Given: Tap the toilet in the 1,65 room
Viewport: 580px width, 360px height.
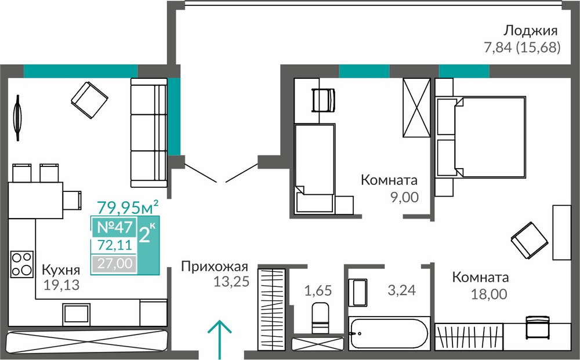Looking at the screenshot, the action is (x=320, y=318).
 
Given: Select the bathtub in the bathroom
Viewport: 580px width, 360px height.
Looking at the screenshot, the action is (x=389, y=333).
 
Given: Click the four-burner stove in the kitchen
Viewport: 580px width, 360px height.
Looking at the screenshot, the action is (x=22, y=264).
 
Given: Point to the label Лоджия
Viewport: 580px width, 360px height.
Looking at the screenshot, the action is (x=531, y=31).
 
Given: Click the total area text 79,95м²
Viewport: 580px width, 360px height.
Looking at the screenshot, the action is (x=128, y=208).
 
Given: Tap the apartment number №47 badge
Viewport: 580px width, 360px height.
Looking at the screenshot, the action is (x=114, y=227).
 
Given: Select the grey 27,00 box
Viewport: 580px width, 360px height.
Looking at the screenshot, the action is (x=115, y=264).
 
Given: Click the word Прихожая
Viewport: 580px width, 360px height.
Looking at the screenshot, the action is (x=215, y=267).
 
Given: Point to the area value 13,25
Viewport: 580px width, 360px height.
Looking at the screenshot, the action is (x=231, y=282).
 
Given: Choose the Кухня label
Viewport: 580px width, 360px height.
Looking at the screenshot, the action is (x=61, y=270).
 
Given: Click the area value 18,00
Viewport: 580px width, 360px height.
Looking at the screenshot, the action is (x=488, y=294).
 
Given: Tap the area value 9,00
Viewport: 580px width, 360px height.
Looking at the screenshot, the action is (x=405, y=197).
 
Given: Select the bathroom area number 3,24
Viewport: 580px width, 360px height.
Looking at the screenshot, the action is (x=402, y=290).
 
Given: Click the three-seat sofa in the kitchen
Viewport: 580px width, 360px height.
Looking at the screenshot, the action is (x=149, y=133).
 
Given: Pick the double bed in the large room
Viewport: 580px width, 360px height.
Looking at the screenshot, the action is (x=481, y=137).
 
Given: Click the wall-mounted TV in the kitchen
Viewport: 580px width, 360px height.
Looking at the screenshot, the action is (x=17, y=118).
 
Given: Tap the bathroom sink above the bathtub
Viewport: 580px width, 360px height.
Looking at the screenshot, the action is (x=358, y=293).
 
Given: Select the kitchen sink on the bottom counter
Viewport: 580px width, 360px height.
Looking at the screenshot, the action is (x=76, y=315).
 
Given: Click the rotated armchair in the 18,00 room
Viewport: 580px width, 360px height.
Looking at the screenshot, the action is (x=529, y=241).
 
